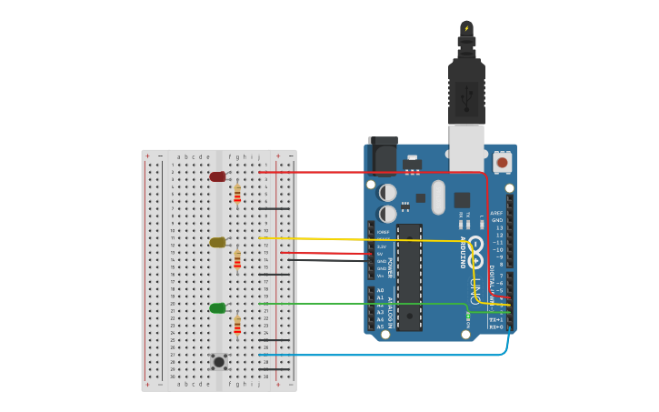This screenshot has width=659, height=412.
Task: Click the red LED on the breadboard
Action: click(x=217, y=176)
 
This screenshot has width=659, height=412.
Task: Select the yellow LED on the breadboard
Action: click(x=217, y=243)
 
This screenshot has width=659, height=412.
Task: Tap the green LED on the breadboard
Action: click(x=217, y=308)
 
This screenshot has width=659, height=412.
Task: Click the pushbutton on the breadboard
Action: click(x=219, y=361)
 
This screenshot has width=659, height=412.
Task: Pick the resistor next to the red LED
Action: click(x=237, y=194)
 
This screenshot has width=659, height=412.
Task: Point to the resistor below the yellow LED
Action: click(x=237, y=260)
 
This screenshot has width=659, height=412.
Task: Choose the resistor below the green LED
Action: click(x=237, y=325)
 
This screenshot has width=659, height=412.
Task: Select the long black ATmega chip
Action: click(x=409, y=276)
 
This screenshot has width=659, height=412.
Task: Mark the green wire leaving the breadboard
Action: click(x=364, y=304)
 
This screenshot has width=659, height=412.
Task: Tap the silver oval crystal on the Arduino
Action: click(x=438, y=197)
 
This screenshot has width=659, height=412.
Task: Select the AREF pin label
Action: click(x=496, y=213)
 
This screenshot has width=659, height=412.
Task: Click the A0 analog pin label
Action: click(x=380, y=290)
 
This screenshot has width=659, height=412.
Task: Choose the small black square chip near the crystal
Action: click(x=462, y=200)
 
